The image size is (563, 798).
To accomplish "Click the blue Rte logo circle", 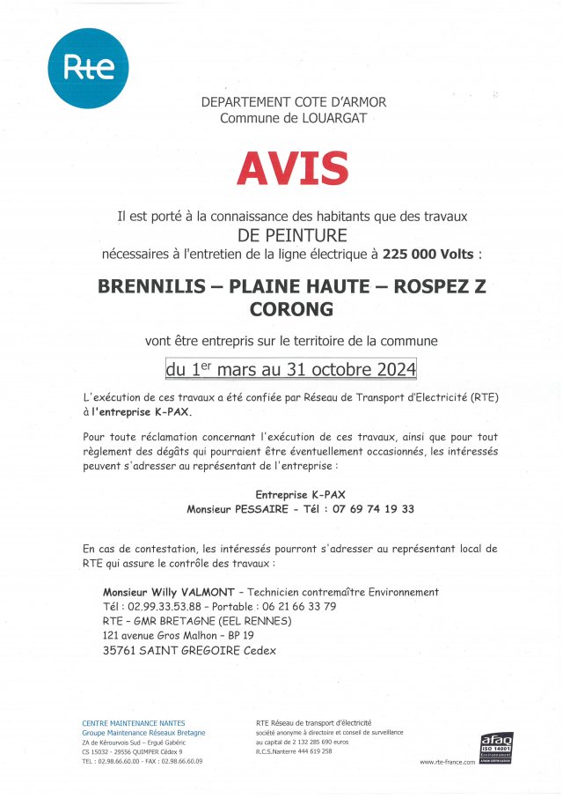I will [87, 68].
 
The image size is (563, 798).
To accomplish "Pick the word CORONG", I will [293, 309].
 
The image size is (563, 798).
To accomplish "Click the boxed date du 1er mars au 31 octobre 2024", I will [292, 367].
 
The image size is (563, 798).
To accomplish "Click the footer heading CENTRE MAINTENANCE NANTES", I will [134, 723].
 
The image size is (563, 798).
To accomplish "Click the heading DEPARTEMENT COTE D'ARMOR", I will [293, 102].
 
